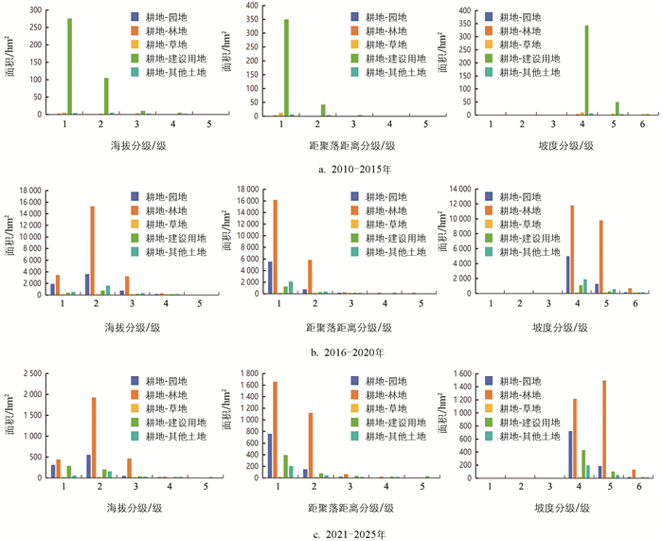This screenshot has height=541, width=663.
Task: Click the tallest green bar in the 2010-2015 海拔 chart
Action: pos(69,66)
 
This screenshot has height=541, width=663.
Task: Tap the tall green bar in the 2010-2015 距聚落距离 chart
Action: pos(286,67)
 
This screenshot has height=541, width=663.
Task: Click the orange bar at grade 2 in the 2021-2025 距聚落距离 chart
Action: pos(310,445)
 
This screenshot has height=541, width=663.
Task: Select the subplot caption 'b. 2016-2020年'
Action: pos(331,351)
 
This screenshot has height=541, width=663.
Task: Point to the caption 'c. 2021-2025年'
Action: pos(331,533)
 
